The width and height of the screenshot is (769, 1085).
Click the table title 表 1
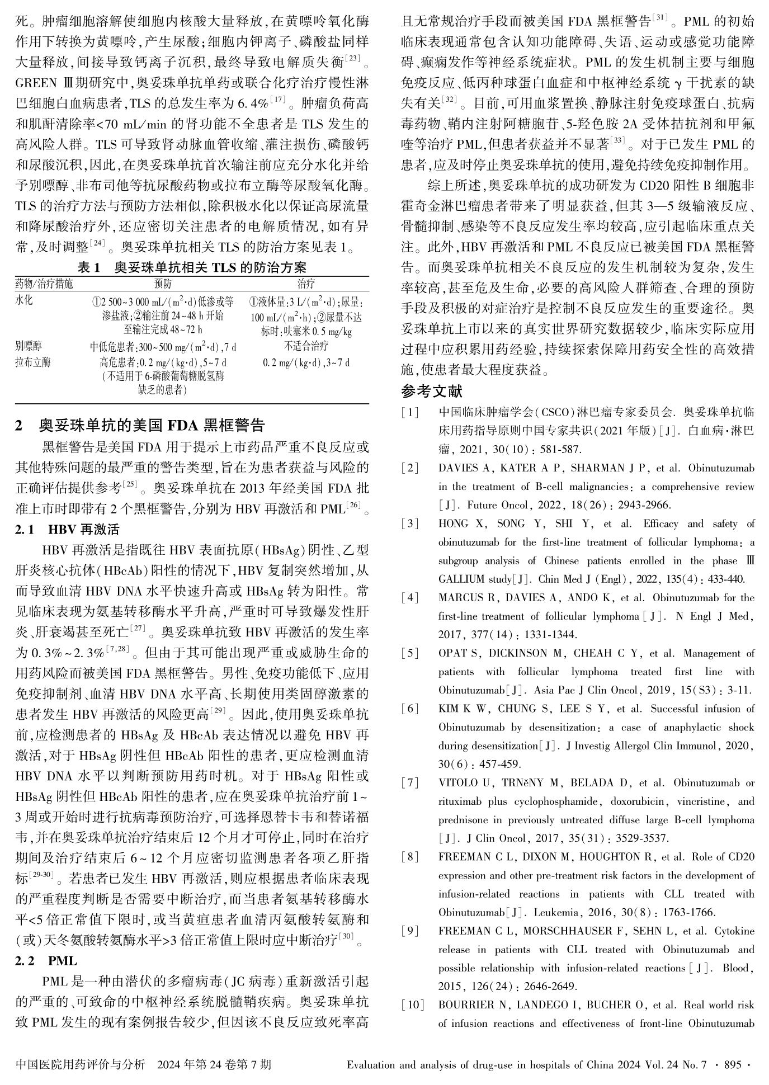88,268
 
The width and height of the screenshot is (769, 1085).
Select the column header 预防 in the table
163,284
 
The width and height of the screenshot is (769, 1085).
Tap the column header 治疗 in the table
306,284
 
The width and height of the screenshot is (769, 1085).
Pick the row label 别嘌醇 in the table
29,346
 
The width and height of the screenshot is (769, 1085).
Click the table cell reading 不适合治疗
306,346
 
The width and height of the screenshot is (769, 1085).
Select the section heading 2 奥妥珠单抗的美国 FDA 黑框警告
140,425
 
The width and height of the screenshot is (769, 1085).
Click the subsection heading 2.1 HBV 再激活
67,529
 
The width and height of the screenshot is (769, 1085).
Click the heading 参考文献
432,391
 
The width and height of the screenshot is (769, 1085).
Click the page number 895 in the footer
732,1065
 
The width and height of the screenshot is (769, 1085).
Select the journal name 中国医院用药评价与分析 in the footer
81,1065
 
